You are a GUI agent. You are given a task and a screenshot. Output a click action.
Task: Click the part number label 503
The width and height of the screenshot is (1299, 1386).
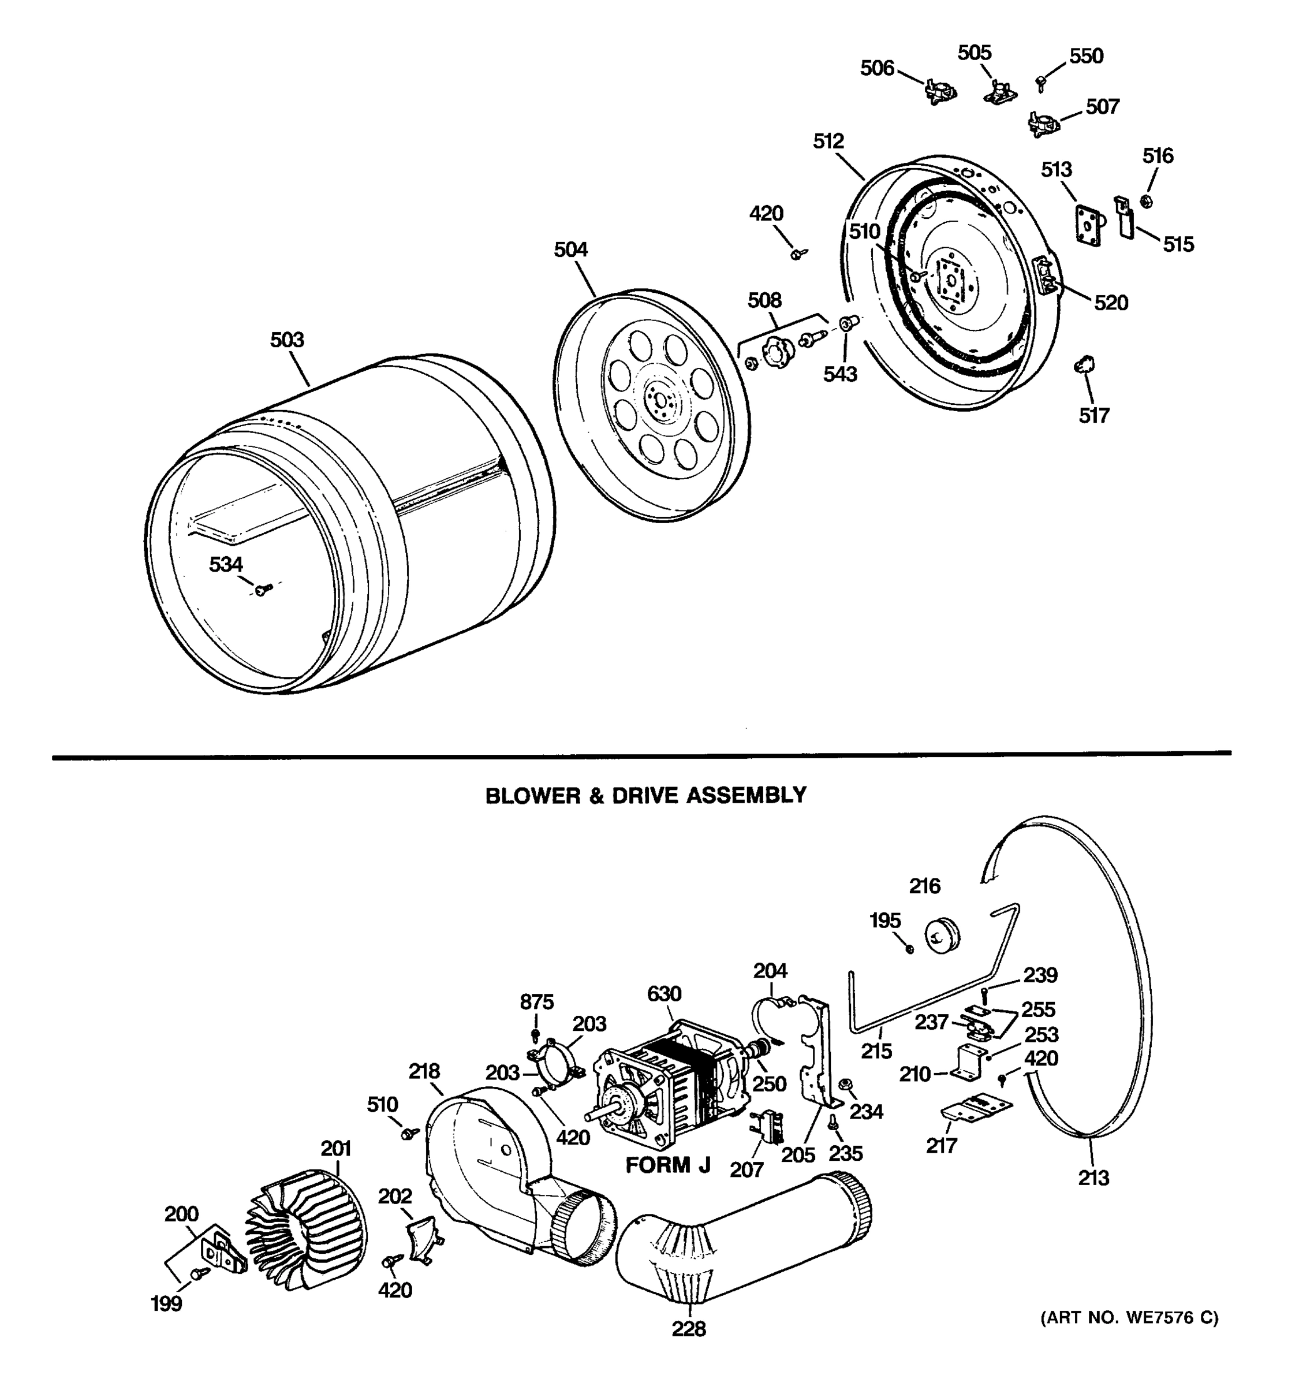coord(287,340)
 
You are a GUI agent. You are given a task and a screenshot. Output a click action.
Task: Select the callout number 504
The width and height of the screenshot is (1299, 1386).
coord(571,249)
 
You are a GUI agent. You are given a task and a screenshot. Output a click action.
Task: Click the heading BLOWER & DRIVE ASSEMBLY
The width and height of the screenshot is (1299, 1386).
coord(645,795)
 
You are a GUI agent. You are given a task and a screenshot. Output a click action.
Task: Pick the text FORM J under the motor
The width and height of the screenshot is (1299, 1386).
coord(667,1165)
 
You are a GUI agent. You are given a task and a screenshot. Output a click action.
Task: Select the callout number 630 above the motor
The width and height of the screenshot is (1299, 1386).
coord(664,993)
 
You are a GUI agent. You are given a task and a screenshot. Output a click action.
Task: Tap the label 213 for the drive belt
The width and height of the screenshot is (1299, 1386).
coord(1093,1178)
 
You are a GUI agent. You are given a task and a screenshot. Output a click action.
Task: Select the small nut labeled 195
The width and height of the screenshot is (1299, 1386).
coord(909,949)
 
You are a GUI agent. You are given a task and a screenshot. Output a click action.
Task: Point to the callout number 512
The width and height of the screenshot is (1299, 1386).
coord(828,141)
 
